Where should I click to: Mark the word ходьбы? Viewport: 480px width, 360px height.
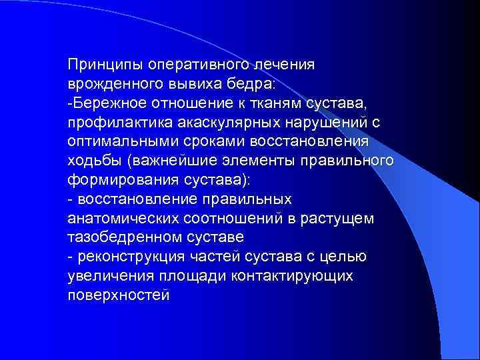coord(95,161)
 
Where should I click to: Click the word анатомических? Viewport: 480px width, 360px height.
coord(123,219)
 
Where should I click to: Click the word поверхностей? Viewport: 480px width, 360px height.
coord(119,295)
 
